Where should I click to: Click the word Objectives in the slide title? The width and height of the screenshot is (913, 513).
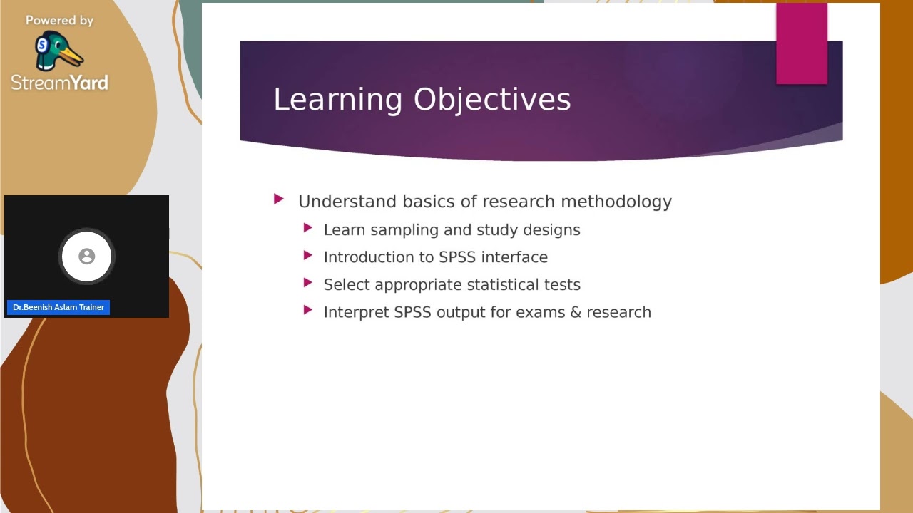(492, 100)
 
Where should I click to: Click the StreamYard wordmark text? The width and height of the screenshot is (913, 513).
(60, 83)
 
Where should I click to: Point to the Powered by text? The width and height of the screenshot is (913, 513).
(59, 21)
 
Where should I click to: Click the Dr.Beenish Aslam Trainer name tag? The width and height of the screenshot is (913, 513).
(58, 307)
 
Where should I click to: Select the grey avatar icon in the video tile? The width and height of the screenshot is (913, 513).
(86, 256)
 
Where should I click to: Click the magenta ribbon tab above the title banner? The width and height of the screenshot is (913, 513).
(802, 43)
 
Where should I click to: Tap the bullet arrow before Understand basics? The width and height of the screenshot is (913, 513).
(279, 200)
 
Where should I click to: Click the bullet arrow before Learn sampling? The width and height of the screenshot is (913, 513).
(307, 228)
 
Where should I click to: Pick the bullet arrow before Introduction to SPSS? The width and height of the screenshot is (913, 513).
(307, 255)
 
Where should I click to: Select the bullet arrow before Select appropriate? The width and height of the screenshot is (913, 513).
(307, 283)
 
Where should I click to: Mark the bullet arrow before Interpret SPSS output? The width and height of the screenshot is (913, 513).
(307, 310)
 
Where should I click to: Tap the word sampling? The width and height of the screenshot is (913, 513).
(404, 230)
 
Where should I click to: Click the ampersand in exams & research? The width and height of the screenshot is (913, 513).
(576, 312)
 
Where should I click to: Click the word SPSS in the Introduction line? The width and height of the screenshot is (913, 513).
(457, 257)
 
